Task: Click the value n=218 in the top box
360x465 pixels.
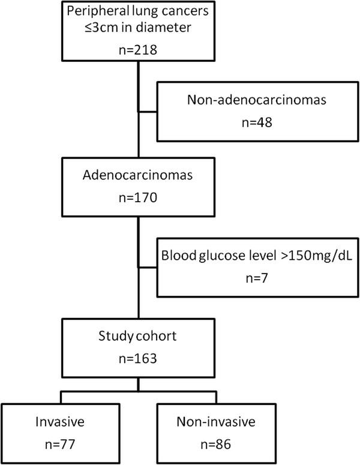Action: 139,50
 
